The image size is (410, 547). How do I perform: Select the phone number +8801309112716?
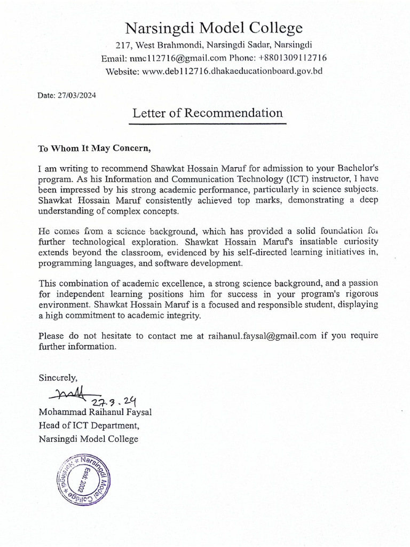[x=293, y=58]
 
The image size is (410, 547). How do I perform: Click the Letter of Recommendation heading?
[x=208, y=113]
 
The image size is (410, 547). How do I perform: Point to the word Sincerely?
[x=58, y=377]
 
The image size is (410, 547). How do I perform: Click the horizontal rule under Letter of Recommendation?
[x=208, y=124]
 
